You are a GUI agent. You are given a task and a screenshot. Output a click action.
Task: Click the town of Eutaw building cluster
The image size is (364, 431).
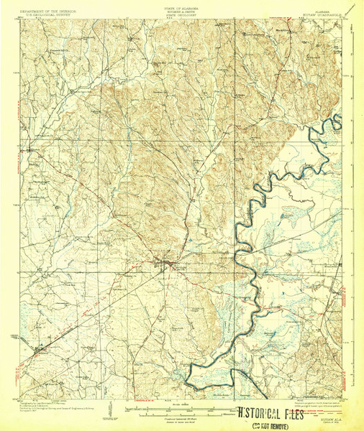coord(166,266)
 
